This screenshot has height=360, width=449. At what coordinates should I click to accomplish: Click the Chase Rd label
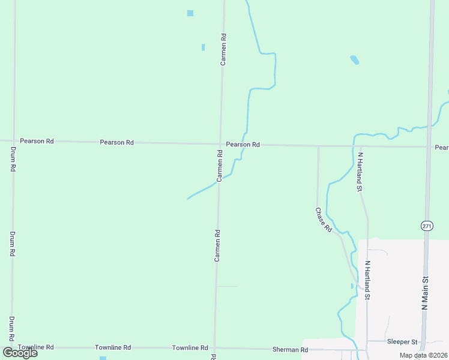[x=324, y=220]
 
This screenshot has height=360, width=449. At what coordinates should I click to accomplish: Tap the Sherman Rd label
[x=290, y=349]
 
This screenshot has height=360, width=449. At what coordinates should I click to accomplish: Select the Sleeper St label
[x=402, y=342]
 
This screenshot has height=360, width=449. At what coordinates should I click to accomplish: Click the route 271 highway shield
[x=426, y=226]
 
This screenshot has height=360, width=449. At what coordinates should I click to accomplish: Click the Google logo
[x=20, y=353]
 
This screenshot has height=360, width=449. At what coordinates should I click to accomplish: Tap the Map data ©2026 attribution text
[x=423, y=355]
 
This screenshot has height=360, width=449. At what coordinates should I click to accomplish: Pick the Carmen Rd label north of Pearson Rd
[x=223, y=49]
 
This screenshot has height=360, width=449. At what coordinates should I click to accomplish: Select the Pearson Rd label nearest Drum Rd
[x=37, y=141]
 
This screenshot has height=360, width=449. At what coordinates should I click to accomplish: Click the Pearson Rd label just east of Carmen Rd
[x=243, y=145]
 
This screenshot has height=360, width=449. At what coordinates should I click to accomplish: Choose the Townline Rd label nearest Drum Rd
[x=36, y=347]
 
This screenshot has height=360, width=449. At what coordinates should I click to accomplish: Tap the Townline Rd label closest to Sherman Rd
[x=190, y=348]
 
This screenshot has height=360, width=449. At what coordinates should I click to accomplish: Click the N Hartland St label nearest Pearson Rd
[x=361, y=172]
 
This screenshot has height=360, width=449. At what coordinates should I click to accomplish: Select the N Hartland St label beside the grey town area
[x=368, y=280]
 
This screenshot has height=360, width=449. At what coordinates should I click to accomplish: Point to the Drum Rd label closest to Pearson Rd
[x=13, y=159]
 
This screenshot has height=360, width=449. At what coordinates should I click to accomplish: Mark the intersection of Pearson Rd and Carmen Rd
[x=220, y=144]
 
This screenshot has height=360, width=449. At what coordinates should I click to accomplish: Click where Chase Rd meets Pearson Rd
[x=318, y=146]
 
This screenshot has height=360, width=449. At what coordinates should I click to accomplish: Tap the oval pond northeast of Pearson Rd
[x=354, y=60]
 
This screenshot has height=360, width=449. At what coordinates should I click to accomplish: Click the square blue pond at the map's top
[x=190, y=13]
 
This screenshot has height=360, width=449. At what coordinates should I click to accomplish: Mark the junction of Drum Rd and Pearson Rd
[x=13, y=140]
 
